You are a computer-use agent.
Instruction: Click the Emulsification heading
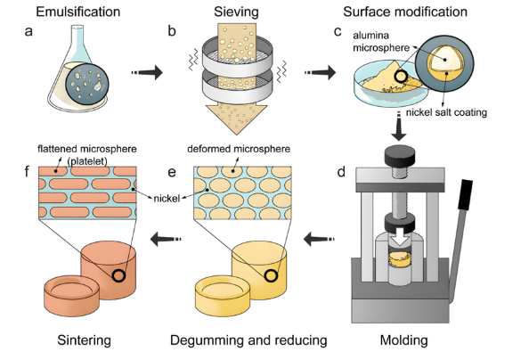pyautogui.click(x=78, y=12)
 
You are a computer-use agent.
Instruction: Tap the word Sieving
pyautogui.click(x=236, y=12)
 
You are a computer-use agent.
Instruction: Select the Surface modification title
pyautogui.click(x=405, y=12)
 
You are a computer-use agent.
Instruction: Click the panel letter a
pyautogui.click(x=28, y=31)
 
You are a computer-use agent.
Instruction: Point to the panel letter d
pyautogui.click(x=341, y=172)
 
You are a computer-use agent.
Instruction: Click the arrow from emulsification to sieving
pyautogui.click(x=147, y=72)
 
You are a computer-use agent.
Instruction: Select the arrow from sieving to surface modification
pyautogui.click(x=320, y=72)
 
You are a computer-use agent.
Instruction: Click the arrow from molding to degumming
pyautogui.click(x=319, y=240)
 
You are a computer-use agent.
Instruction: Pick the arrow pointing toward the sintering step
pyautogui.click(x=166, y=240)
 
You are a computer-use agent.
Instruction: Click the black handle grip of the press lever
pyautogui.click(x=465, y=195)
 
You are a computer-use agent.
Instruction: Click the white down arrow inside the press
pyautogui.click(x=400, y=239)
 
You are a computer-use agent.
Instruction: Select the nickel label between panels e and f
pyautogui.click(x=167, y=199)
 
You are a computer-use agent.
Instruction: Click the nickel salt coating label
pyautogui.click(x=446, y=112)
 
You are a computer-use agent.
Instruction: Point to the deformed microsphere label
pyautogui.click(x=239, y=149)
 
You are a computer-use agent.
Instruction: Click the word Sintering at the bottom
pyautogui.click(x=84, y=340)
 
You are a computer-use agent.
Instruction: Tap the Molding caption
pyautogui.click(x=403, y=340)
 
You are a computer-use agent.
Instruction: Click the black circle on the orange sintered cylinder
pyautogui.click(x=118, y=275)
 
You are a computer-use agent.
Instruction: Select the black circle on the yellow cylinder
pyautogui.click(x=271, y=275)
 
